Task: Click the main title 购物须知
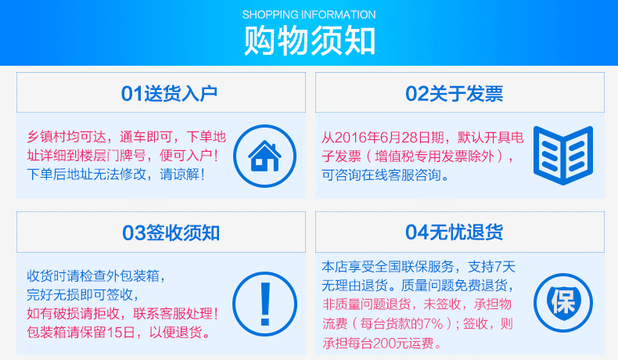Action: (x=309, y=41)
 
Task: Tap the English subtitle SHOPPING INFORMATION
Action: (x=309, y=15)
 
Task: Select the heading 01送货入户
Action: (x=169, y=94)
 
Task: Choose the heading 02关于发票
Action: (x=454, y=94)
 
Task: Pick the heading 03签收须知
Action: (x=171, y=232)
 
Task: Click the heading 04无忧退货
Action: (x=454, y=232)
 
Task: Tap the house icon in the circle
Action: (x=265, y=157)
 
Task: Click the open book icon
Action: (x=563, y=156)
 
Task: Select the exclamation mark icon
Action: (x=265, y=304)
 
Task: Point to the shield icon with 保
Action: (x=563, y=302)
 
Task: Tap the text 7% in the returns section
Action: (x=433, y=324)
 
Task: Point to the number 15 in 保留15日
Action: (x=114, y=332)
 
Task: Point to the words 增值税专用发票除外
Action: (x=434, y=157)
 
